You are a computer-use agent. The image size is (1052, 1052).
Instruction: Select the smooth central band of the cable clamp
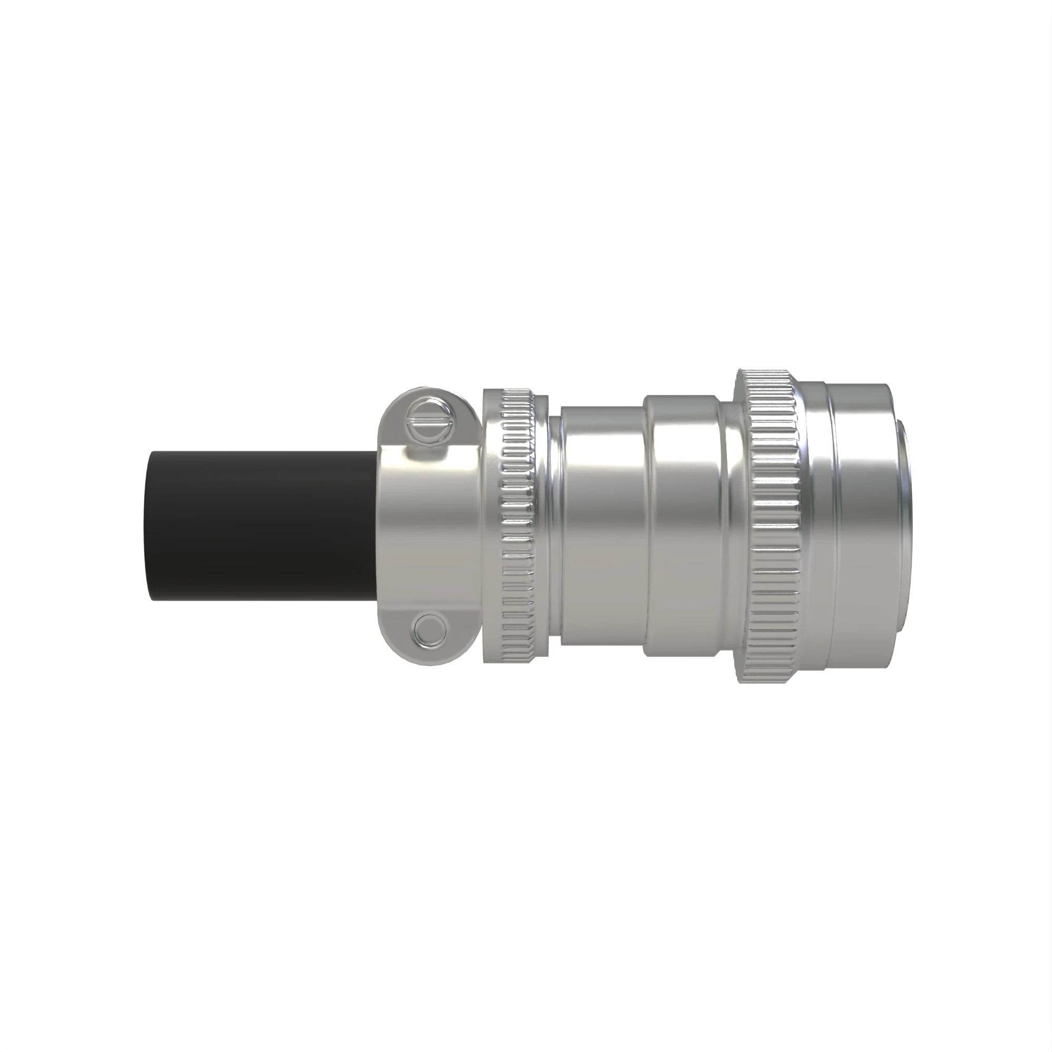430,525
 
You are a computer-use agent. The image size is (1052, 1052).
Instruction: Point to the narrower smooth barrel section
602,525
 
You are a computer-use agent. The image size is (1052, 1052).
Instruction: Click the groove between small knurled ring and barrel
554,525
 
